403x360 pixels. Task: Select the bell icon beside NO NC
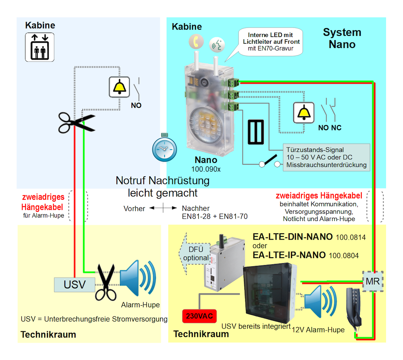click(x=303, y=113)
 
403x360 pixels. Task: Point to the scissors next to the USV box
click(x=106, y=283)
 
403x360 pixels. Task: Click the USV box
click(x=74, y=284)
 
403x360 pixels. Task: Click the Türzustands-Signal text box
click(x=326, y=157)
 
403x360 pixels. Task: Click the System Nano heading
click(x=342, y=38)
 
